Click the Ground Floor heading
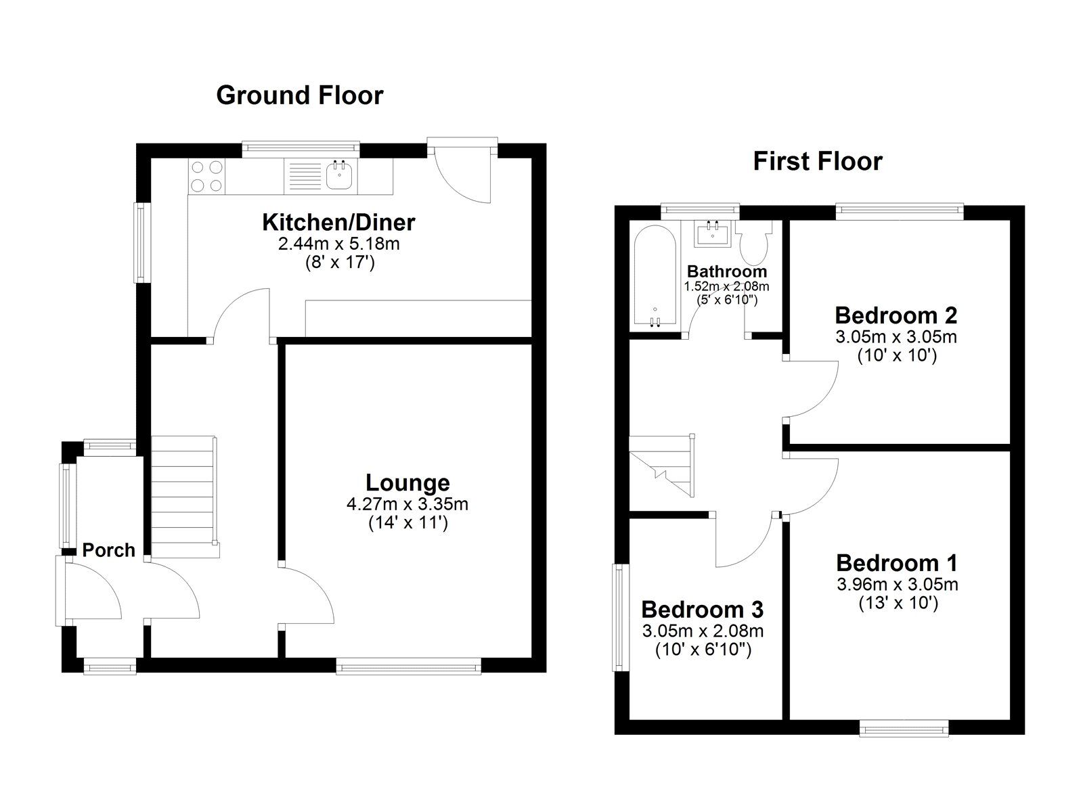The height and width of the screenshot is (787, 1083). tap(300, 95)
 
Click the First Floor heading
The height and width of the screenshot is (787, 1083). tap(818, 162)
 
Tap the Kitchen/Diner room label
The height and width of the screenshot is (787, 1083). tap(338, 223)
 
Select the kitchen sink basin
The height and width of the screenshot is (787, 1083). tap(341, 175)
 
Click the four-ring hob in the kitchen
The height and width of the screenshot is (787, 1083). tap(207, 176)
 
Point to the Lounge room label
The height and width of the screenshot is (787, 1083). tap(407, 483)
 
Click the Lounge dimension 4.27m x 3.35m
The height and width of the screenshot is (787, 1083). tap(407, 505)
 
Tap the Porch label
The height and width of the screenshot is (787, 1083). tap(108, 550)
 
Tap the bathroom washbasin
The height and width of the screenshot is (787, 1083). tap(713, 234)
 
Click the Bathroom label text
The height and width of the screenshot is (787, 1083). tap(727, 271)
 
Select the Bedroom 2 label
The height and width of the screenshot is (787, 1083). tap(896, 315)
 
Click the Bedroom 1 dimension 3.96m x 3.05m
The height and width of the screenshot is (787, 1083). tap(898, 585)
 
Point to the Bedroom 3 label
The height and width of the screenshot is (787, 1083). tap(702, 610)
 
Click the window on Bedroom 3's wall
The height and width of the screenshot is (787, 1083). tap(620, 619)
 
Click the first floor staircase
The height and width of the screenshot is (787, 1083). tap(662, 466)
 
